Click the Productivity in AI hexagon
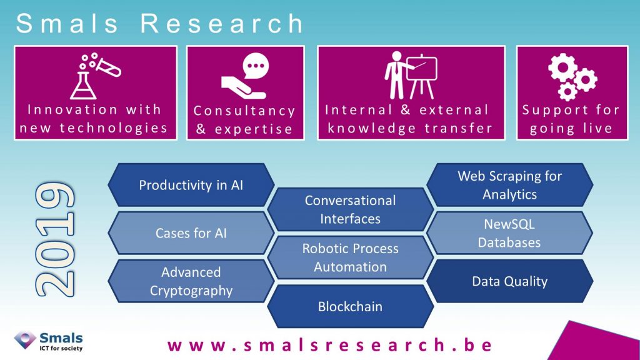point(191,185)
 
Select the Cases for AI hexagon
point(191,233)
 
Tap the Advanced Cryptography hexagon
point(191,281)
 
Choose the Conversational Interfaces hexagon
point(350,209)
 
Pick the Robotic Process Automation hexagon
point(350,257)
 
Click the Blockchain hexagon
point(350,306)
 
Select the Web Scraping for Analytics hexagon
point(510,185)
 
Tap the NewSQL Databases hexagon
point(510,233)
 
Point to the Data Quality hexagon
point(510,281)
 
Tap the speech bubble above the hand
point(256,66)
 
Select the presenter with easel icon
point(411,76)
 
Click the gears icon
point(572,77)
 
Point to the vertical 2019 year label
point(55,239)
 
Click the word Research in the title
point(222,23)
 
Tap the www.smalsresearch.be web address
point(330,345)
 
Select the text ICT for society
point(61,348)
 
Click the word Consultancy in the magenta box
point(244,111)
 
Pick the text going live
point(571,128)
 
